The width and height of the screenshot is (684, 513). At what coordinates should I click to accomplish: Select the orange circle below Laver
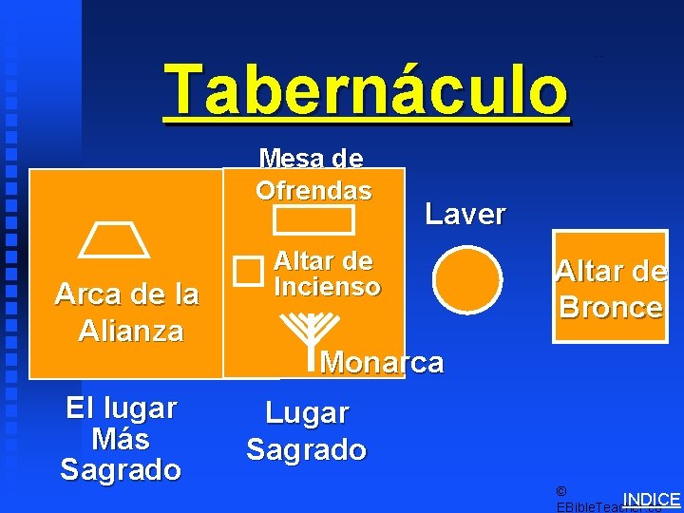[467, 279]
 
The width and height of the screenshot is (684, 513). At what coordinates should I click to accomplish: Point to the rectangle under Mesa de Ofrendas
[313, 219]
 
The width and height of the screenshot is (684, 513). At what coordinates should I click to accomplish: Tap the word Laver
[465, 214]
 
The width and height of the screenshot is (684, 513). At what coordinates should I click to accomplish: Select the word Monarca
[382, 362]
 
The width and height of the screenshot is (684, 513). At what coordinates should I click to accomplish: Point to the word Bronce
[611, 307]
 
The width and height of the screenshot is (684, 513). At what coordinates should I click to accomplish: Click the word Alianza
[131, 331]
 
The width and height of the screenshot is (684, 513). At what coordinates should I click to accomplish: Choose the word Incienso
[327, 285]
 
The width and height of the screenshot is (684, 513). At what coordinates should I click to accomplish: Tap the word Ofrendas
[313, 190]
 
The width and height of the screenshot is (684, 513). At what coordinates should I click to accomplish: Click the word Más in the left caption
[121, 439]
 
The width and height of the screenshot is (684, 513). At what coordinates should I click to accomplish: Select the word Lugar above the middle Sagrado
[306, 413]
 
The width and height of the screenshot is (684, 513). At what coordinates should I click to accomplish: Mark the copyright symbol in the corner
[560, 491]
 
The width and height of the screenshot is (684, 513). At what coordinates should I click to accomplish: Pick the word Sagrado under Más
[121, 469]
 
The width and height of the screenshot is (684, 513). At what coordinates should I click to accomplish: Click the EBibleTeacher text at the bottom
[589, 507]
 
